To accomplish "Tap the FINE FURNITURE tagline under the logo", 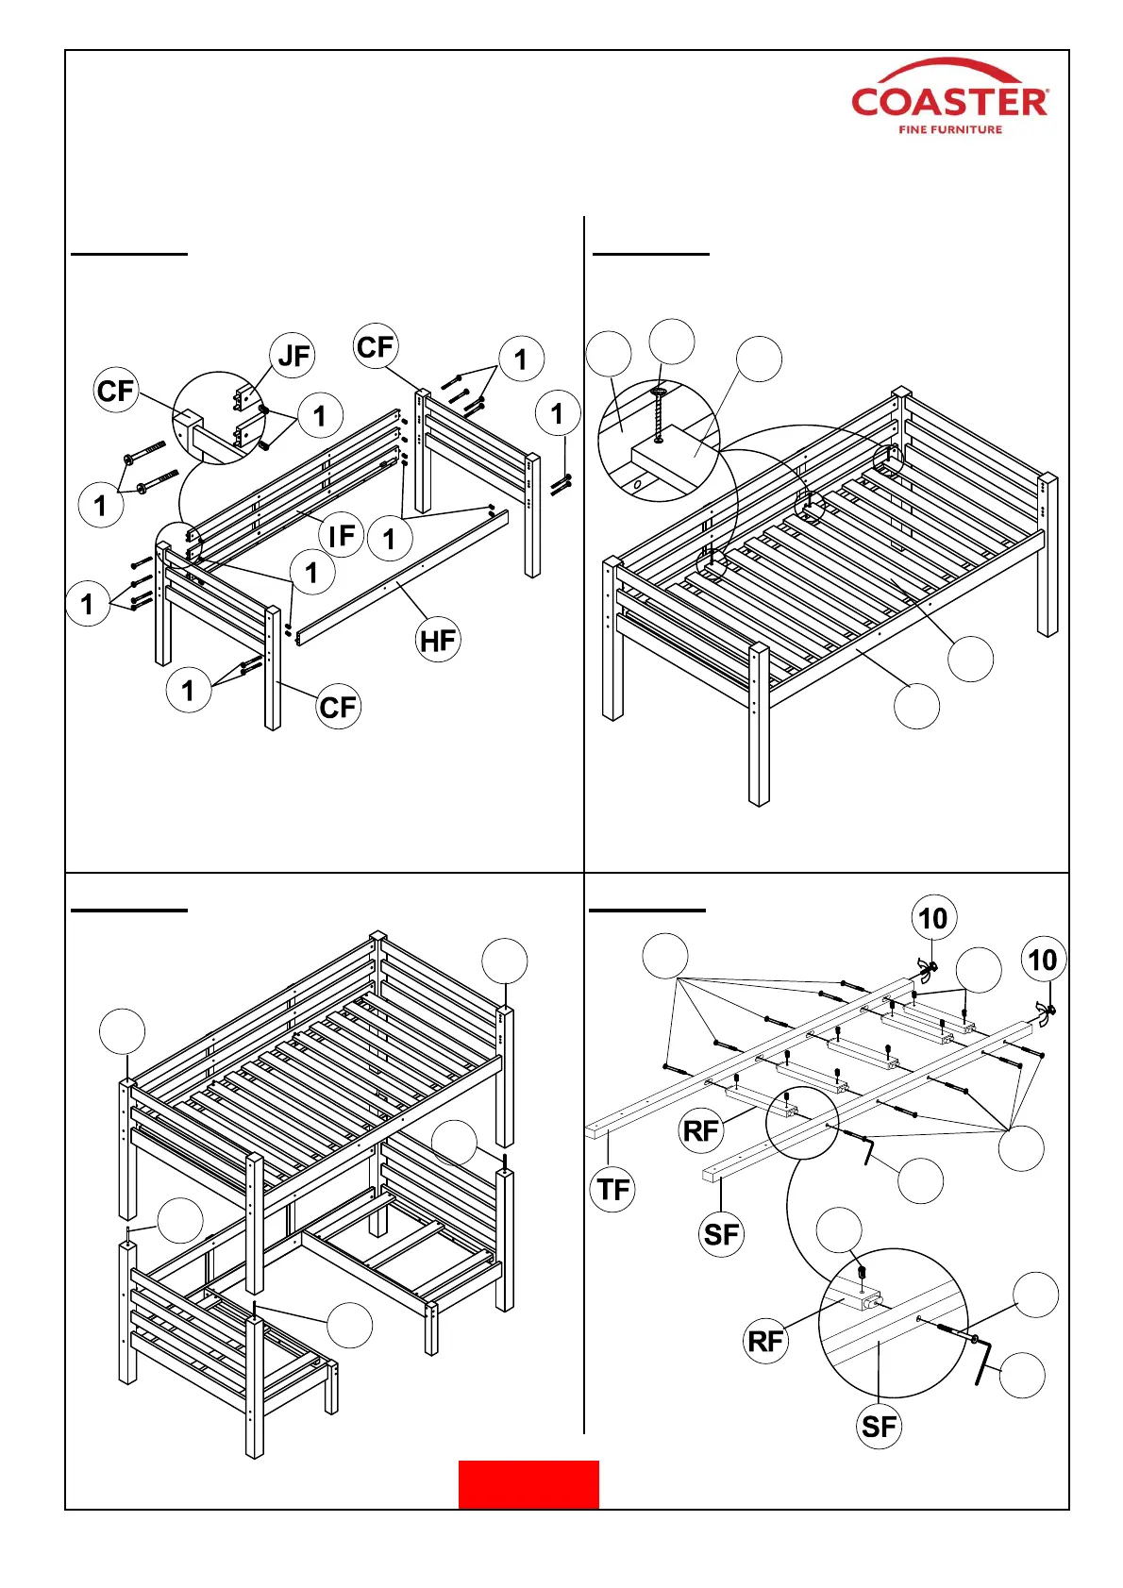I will [949, 129].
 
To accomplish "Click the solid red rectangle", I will [528, 1484].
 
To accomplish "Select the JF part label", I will [293, 356].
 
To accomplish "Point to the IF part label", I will [341, 535].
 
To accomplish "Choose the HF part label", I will [438, 641].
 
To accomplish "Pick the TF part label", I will [613, 1189].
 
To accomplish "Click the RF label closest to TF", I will [700, 1130].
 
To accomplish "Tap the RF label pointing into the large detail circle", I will [765, 1341].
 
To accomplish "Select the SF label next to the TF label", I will [722, 1234].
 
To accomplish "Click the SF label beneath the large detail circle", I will [879, 1426].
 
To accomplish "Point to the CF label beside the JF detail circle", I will [117, 390].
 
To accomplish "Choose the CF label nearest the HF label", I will [338, 707].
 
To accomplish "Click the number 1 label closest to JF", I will [320, 415].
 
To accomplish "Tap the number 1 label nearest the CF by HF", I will [189, 691].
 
